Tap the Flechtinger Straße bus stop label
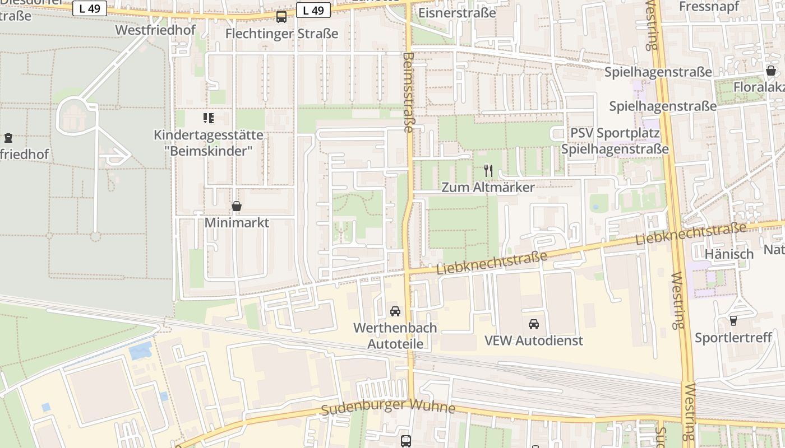tap(281, 34)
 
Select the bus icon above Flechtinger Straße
tap(281, 17)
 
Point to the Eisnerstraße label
tap(457, 12)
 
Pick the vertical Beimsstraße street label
tap(408, 92)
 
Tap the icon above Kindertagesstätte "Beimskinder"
tap(209, 118)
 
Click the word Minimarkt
tap(237, 223)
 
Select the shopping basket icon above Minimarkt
tap(237, 207)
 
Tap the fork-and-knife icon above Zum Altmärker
tap(488, 171)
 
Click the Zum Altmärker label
tap(488, 188)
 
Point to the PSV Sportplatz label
tap(615, 133)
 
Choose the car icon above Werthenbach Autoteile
tap(395, 311)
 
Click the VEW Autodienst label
tap(534, 340)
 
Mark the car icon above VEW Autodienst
tap(534, 324)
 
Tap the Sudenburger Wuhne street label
tap(388, 407)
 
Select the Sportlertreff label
tap(733, 338)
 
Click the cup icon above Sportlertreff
tap(733, 321)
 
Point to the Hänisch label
tap(729, 254)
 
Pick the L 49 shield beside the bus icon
tap(313, 10)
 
